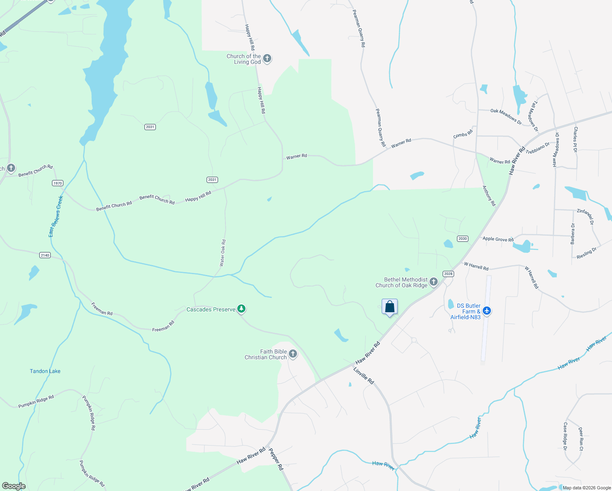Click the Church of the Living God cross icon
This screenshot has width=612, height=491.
coord(267,59)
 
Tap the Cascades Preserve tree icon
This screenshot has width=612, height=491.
coord(241,309)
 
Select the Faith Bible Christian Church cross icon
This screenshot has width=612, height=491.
coord(293,354)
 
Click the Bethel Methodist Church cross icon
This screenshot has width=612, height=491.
coord(434,282)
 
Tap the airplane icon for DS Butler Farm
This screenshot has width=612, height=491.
coord(486,311)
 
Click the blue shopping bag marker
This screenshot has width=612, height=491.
coord(389,307)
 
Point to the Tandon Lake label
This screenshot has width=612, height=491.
coord(45,371)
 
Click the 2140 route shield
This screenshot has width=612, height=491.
coord(45,255)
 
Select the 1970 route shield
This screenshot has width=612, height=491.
coord(58,183)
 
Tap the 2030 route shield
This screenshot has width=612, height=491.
coord(462,239)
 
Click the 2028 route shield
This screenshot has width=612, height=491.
coord(448,274)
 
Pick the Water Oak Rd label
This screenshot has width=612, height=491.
coord(223,253)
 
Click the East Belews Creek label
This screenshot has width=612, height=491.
coord(56,216)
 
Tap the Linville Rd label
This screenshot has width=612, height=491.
coord(364,376)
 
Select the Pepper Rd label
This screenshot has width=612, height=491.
coord(276,459)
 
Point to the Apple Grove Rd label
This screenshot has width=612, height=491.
coord(498,239)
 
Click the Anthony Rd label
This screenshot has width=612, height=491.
coord(489,196)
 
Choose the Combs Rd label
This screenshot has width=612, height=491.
coord(463,134)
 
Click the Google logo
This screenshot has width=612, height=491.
coord(14,486)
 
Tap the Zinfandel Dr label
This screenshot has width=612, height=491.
coord(585,216)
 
